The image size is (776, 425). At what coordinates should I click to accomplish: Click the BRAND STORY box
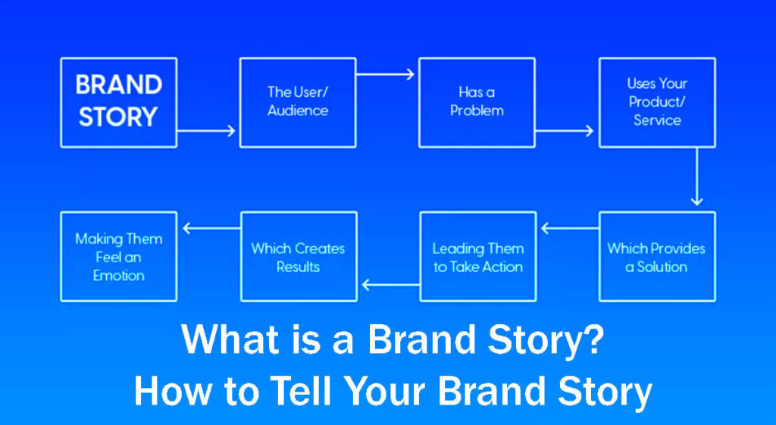pos(118,102)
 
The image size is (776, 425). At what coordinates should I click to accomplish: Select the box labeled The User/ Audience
pos(298,102)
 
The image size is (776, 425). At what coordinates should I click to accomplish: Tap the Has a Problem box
pos(477,102)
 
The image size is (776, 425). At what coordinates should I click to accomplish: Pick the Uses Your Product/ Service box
pos(656,102)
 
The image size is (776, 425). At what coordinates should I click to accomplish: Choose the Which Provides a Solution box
pos(656,257)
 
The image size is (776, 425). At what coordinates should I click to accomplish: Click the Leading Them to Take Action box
pos(477,257)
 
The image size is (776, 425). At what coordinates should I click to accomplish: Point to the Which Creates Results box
pos(298,257)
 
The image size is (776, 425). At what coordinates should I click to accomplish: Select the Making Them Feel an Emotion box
pos(118,257)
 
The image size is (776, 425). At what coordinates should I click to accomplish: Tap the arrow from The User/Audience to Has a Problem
pos(386,73)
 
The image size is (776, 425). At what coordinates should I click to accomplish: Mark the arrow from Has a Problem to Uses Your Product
pos(565,131)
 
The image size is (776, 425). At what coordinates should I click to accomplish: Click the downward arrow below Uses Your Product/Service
pos(696,177)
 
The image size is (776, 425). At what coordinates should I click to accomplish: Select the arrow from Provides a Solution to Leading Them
pos(568,227)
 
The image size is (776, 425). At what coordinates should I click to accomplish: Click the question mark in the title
pos(593,340)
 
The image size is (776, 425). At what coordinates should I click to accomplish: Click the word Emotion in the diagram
pos(118,276)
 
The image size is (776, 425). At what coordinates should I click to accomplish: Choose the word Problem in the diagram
pos(477,111)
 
